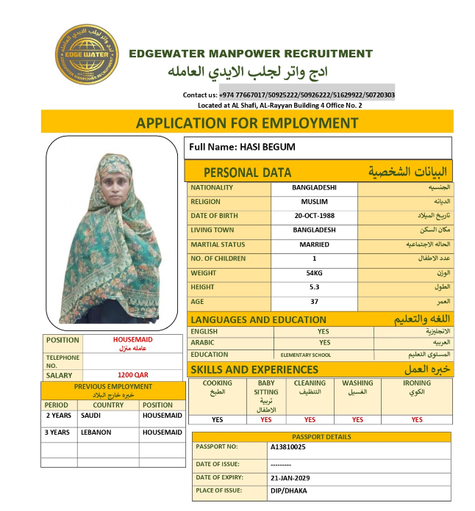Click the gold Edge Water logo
pyautogui.click(x=87, y=55)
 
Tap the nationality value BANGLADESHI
pyautogui.click(x=314, y=187)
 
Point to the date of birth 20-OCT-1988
pyautogui.click(x=314, y=216)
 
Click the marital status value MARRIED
pyautogui.click(x=314, y=244)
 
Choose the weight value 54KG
pyautogui.click(x=314, y=273)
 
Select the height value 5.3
pyautogui.click(x=314, y=287)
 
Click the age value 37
pyautogui.click(x=314, y=302)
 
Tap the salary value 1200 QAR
pyautogui.click(x=133, y=374)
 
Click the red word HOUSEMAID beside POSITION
pyautogui.click(x=133, y=340)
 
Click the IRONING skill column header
pyautogui.click(x=417, y=383)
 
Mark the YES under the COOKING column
pyautogui.click(x=217, y=420)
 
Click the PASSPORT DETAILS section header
pyautogui.click(x=321, y=437)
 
